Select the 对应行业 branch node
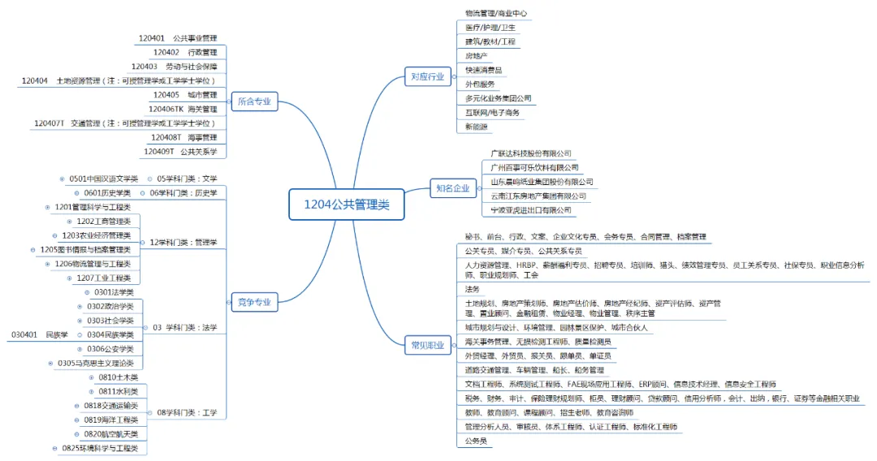pyautogui.click(x=427, y=77)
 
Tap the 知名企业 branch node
pyautogui.click(x=451, y=188)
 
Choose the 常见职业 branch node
pyautogui.click(x=427, y=345)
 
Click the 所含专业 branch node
pyautogui.click(x=254, y=102)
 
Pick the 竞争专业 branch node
pyautogui.click(x=254, y=302)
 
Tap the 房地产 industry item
pyautogui.click(x=477, y=56)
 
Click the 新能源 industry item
pyautogui.click(x=477, y=127)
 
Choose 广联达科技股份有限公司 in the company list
pyautogui.click(x=530, y=153)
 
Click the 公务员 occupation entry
pyautogui.click(x=476, y=441)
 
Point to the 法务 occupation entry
pyautogui.click(x=472, y=289)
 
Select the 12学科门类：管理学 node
pyautogui.click(x=184, y=242)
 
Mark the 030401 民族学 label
pyautogui.click(x=40, y=334)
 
